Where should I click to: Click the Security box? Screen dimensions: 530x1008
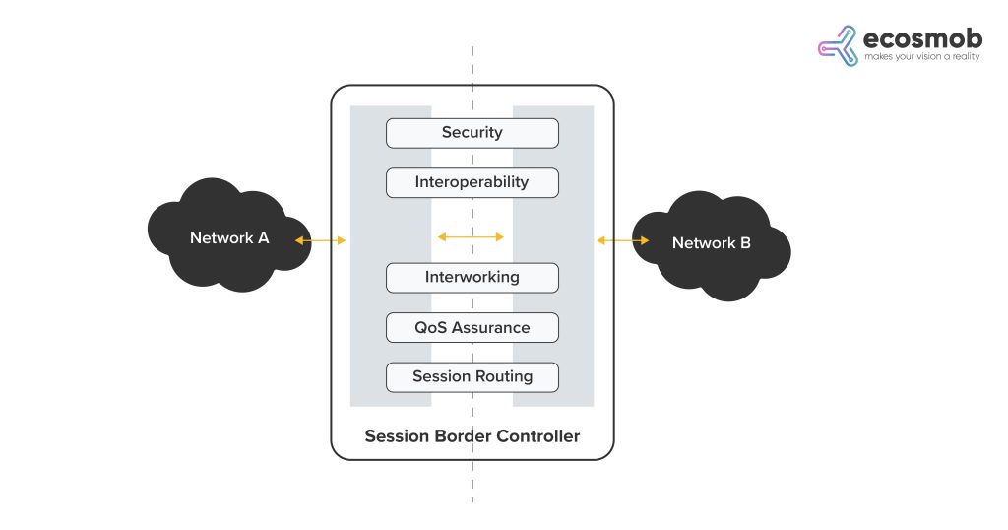[472, 133]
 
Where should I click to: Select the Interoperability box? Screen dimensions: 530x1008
[472, 182]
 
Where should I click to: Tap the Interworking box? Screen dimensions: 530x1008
[472, 278]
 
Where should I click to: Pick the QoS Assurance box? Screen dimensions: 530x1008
[472, 328]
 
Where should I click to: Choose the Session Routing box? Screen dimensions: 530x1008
[472, 377]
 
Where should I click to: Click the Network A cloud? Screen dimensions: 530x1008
[226, 236]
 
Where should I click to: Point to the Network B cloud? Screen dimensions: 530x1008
[712, 242]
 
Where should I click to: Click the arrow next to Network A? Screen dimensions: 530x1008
[320, 239]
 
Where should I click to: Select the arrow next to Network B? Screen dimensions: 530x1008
[622, 239]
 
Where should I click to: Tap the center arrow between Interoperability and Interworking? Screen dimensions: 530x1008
[471, 236]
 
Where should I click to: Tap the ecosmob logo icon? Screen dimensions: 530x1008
[838, 46]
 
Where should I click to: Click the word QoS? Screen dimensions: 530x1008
[430, 328]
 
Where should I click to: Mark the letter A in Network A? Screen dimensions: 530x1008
[263, 237]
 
